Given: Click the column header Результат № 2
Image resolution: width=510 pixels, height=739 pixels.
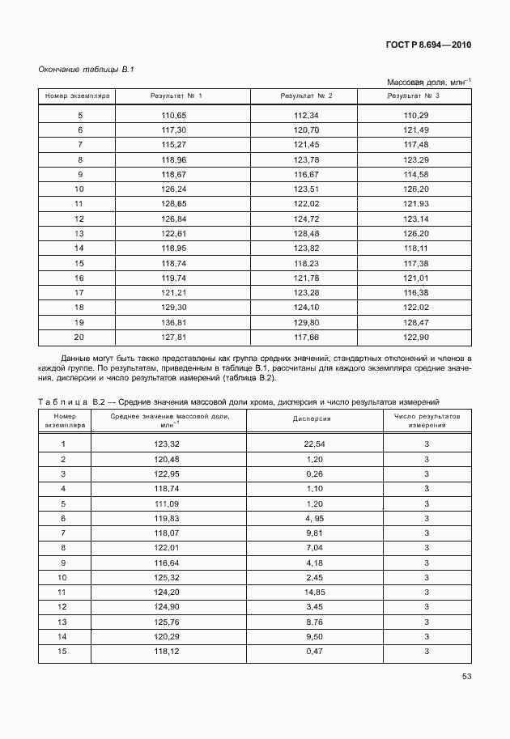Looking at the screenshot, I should tap(306, 96).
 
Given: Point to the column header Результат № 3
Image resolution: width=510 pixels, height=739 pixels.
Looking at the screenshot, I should tap(415, 96).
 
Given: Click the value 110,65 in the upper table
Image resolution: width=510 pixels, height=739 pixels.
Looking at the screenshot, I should tap(174, 116).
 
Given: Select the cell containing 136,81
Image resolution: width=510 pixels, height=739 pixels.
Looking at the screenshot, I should tap(174, 322).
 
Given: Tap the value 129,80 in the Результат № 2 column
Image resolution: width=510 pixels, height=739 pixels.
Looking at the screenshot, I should tap(306, 322).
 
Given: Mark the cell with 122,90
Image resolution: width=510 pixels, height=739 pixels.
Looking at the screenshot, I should tap(415, 337).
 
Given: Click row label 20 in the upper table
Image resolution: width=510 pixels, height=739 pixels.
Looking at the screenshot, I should tap(79, 337).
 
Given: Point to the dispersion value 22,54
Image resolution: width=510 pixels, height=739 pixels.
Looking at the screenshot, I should tap(314, 444).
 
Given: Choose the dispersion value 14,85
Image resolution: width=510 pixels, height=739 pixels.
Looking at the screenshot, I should tap(314, 592).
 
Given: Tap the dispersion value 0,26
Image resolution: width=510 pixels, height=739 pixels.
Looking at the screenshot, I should tap(314, 474).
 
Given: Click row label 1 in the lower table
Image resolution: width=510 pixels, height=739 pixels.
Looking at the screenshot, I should tap(63, 444).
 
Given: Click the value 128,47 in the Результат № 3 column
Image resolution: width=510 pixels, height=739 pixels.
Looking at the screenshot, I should tap(415, 322).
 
